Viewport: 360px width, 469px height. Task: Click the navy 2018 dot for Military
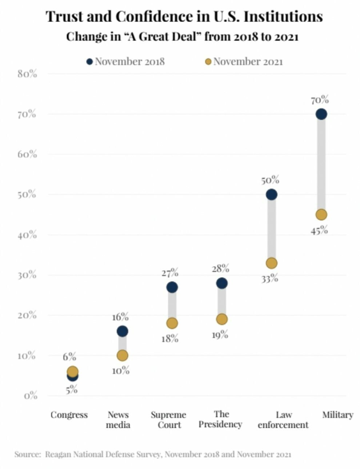tap(321, 114)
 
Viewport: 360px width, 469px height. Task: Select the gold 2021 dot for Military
tap(321, 214)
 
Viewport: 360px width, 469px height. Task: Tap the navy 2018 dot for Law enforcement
tap(272, 195)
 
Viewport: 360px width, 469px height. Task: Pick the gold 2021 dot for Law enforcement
tap(272, 263)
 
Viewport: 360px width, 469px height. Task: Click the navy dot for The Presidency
tap(222, 283)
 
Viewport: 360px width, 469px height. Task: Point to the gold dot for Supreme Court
tap(172, 323)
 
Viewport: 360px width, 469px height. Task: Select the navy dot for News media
tap(122, 331)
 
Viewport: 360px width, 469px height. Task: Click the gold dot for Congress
tap(72, 371)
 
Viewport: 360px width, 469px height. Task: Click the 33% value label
tap(270, 278)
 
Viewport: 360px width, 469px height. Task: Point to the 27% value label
tap(169, 273)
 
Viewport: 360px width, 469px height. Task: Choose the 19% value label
tap(220, 335)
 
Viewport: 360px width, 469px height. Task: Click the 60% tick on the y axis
tap(27, 154)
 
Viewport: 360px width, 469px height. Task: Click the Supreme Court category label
tap(169, 420)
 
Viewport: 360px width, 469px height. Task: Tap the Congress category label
tap(69, 415)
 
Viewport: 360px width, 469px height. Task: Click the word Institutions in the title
tap(277, 17)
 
